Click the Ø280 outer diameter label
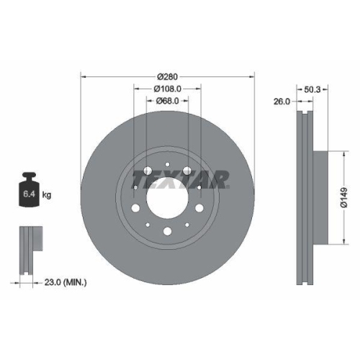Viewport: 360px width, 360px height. (x=167, y=76)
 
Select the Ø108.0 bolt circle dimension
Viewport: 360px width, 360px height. (x=167, y=89)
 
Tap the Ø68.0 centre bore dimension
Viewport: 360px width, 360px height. (x=167, y=102)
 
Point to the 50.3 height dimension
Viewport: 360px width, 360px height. (x=313, y=89)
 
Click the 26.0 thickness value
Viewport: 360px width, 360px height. (x=282, y=102)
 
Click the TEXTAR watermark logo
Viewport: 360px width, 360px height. (x=180, y=178)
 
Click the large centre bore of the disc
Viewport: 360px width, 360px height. (x=167, y=194)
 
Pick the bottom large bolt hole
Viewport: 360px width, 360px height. (x=167, y=231)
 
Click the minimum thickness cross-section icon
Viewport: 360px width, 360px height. (x=29, y=246)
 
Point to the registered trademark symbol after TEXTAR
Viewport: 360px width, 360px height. (x=229, y=184)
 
